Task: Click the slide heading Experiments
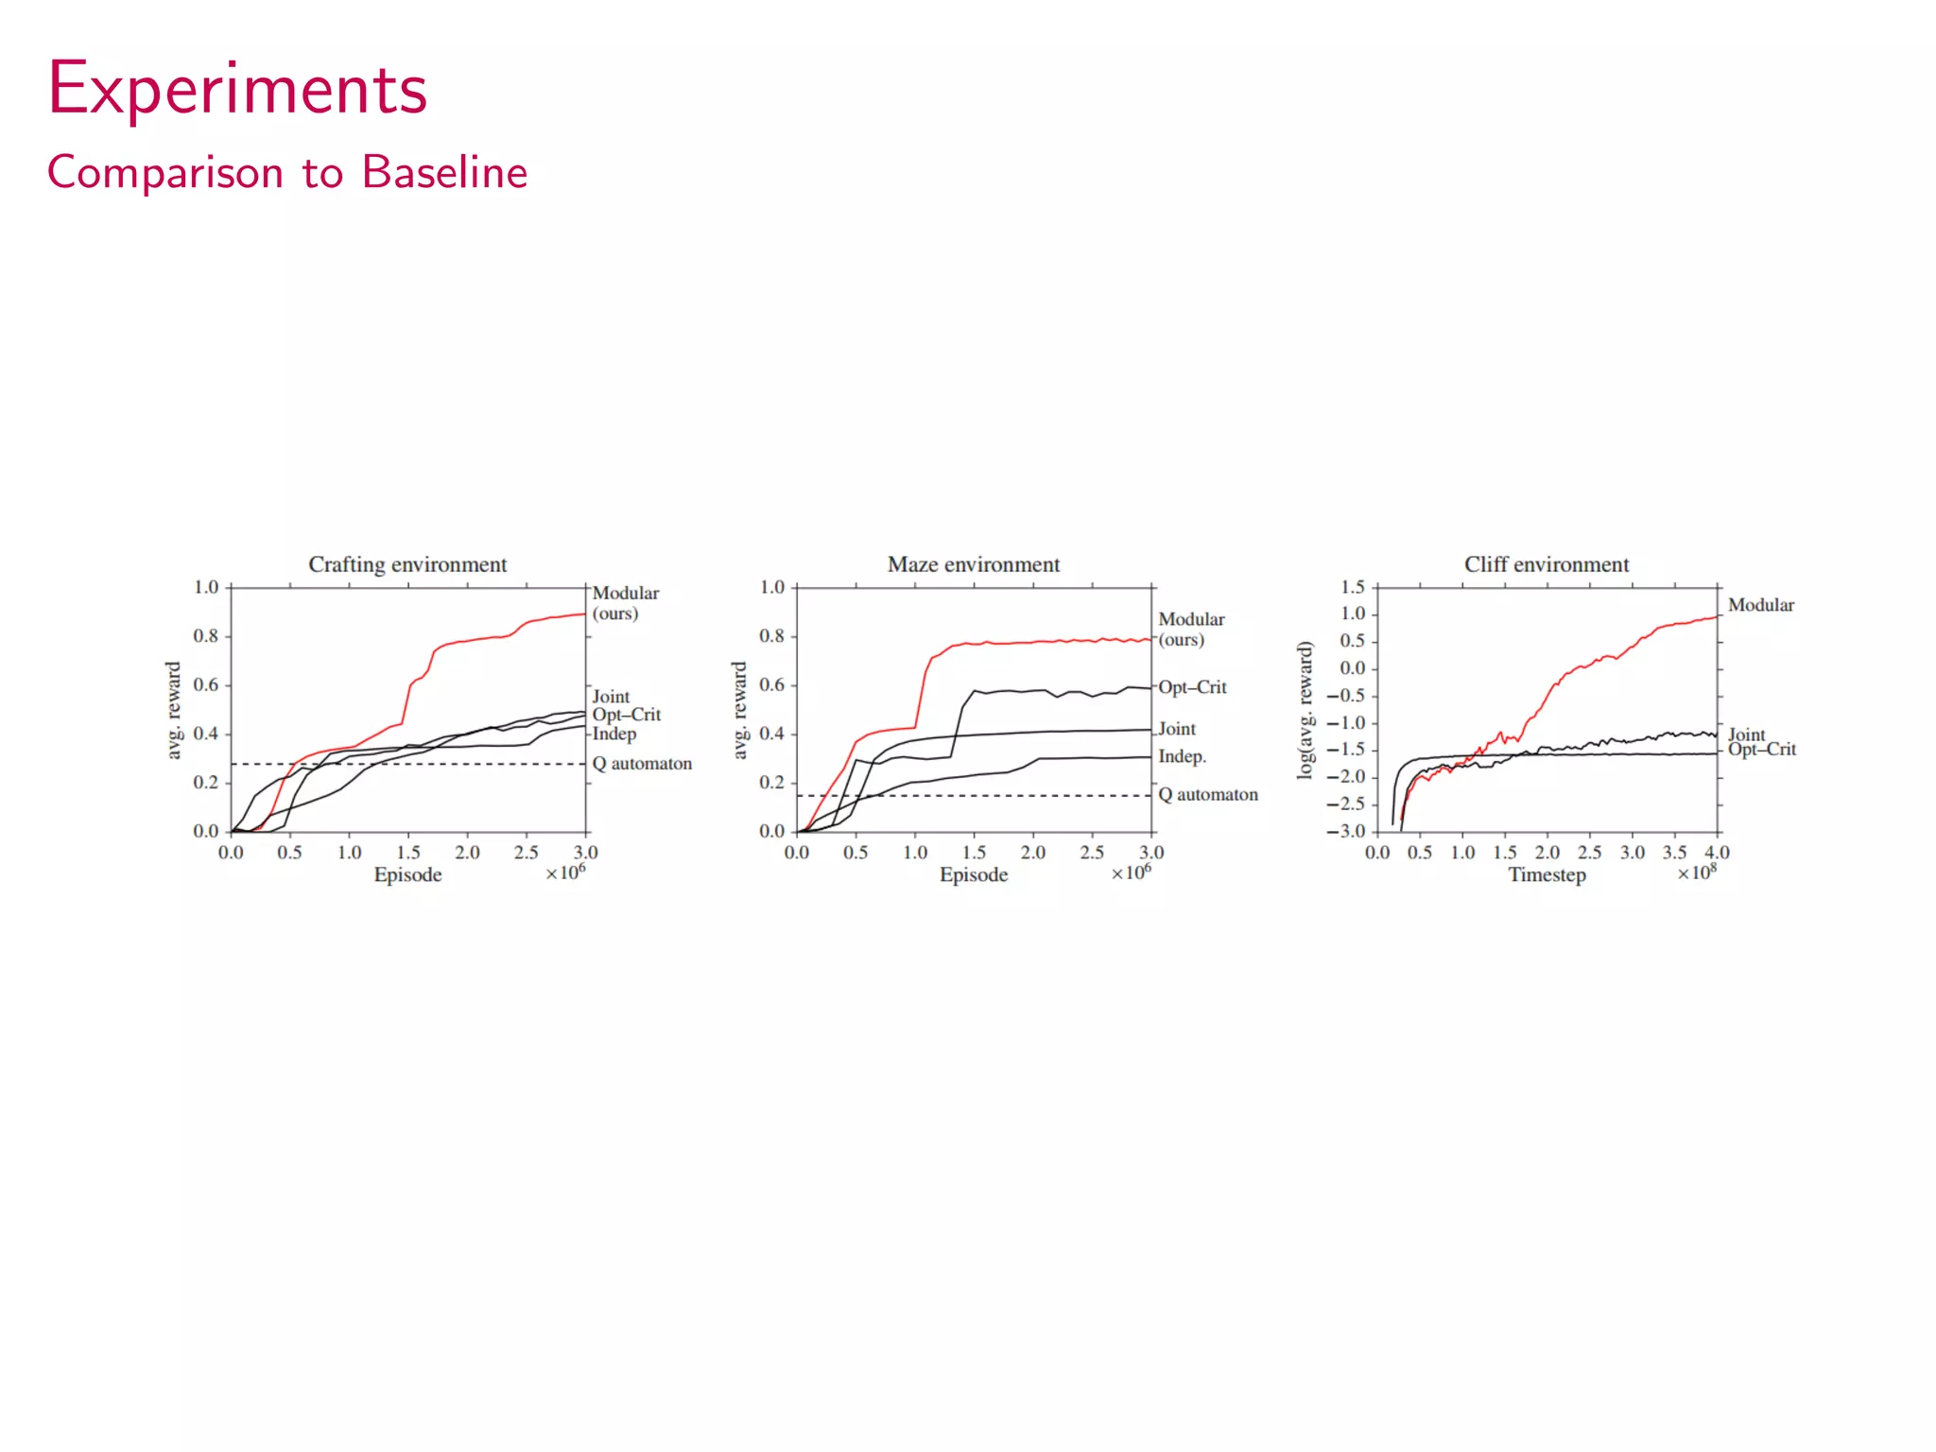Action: pos(237,90)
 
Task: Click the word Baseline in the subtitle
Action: pos(444,173)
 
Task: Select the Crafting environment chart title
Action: pos(407,564)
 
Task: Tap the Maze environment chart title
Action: pos(973,564)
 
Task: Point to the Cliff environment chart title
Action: pos(1546,564)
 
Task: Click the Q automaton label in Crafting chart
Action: pos(642,764)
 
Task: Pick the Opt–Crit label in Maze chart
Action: pos(1192,687)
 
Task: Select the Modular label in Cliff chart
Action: pos(1760,605)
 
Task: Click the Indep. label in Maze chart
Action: pos(1182,756)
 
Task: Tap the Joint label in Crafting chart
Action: pos(611,696)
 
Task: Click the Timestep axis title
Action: pos(1547,874)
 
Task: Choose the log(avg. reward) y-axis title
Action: pos(1305,710)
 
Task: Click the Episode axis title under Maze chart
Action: pos(973,874)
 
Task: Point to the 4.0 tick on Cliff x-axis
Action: pos(1717,853)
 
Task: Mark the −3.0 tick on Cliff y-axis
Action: pos(1346,832)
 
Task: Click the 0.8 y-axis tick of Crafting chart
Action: pos(206,636)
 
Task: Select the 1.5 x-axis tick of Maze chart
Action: pos(974,853)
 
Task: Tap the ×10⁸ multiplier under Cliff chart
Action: pos(1697,872)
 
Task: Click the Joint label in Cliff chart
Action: pos(1745,734)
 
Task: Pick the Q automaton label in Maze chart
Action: pos(1207,795)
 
